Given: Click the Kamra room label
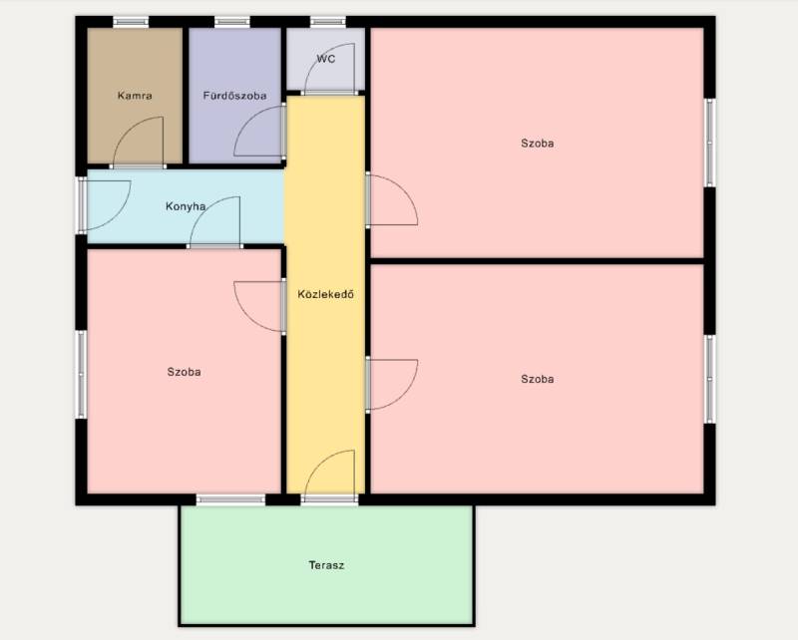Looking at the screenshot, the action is (135, 95).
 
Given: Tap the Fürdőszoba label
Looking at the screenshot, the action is (234, 95).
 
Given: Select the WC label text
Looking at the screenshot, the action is (326, 59).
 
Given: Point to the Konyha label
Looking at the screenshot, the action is (186, 206).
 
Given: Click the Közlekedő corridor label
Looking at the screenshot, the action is (326, 294).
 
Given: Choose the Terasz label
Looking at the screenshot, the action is (326, 565).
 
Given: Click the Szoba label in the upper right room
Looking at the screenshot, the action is (538, 144).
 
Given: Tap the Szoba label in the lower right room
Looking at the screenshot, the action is (538, 379).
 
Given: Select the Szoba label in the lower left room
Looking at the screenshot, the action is (185, 372).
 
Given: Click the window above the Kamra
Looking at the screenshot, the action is (131, 22).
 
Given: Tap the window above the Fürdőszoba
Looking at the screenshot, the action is (232, 22).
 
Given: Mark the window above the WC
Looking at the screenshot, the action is (328, 22).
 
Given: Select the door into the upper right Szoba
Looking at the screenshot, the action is (391, 199).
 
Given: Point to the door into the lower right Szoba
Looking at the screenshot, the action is (391, 385).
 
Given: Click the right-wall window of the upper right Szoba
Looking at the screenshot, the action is (710, 143).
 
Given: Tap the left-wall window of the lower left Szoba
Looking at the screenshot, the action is (81, 375).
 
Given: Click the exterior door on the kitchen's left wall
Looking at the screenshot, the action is (104, 205).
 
